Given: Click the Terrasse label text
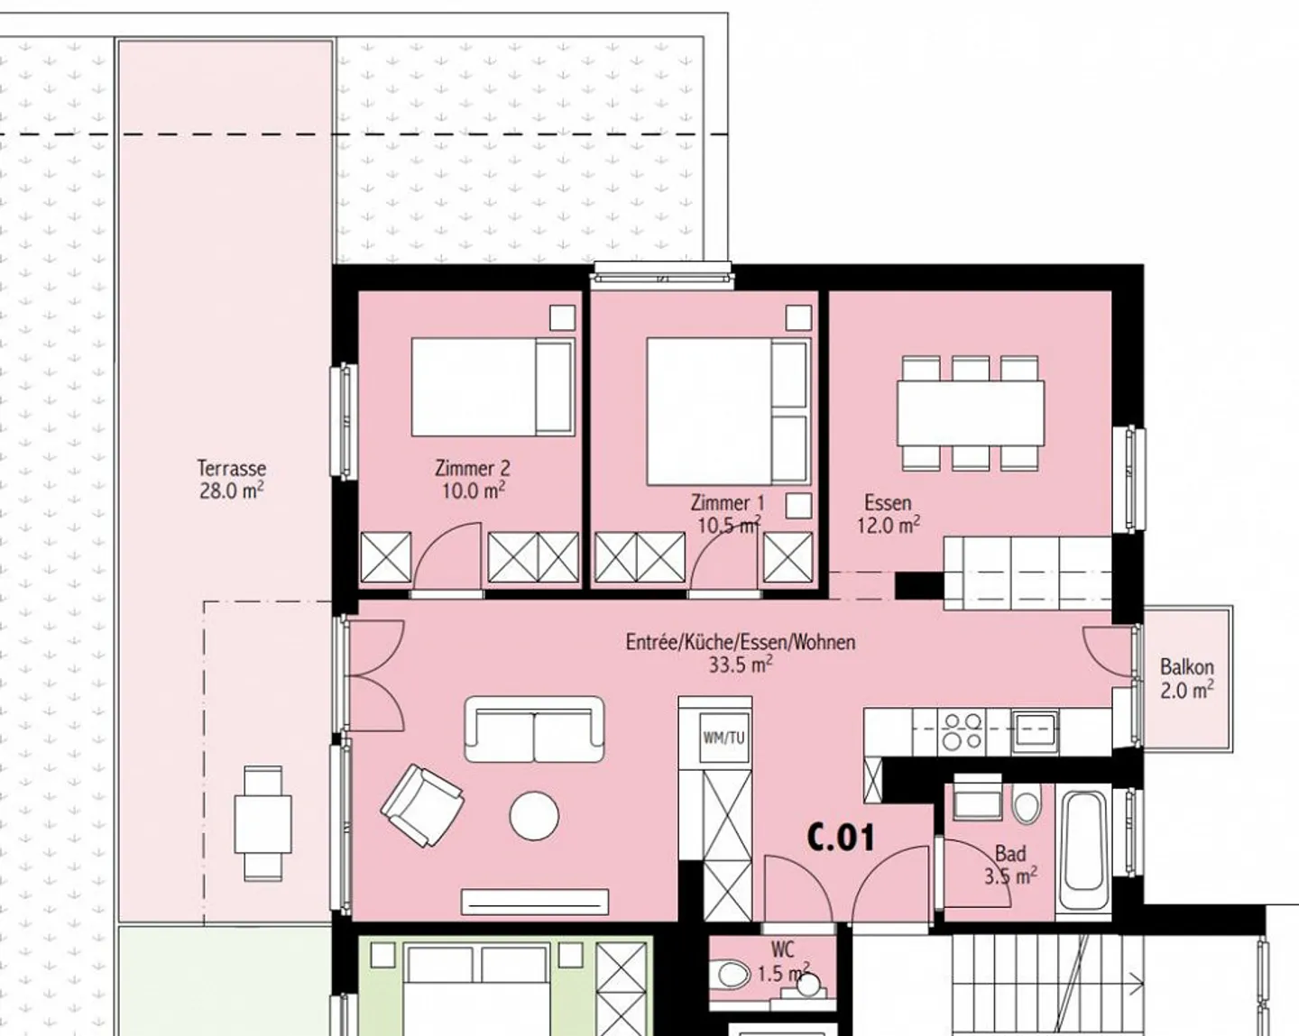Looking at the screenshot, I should pos(231,469).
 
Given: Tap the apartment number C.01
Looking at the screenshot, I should pos(840,838).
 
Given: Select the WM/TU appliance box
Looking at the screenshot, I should pos(724,738).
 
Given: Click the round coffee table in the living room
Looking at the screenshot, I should pos(534,816).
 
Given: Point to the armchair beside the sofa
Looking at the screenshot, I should pos(421,805).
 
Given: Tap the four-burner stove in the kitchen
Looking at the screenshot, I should pos(961,731).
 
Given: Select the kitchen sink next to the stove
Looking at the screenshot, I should pos(1034,730).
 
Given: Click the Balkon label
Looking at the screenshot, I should pos(1186,667).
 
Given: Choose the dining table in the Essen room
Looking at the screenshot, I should pos(970,412).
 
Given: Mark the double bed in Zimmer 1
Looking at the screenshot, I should pos(727,411).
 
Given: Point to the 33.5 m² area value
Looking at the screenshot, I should pos(740,665).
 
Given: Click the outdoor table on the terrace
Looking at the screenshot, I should pos(263,823).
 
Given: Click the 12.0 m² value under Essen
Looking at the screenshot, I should pos(888,525).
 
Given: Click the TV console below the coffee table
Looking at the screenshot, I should pos(534,901).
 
